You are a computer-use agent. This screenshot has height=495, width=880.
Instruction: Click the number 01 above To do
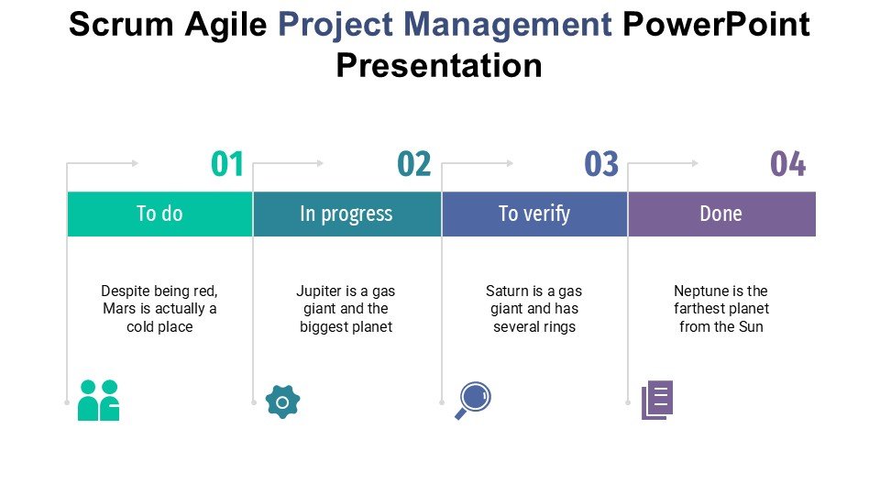[227, 165]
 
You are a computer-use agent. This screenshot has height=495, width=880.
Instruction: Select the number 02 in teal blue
[414, 165]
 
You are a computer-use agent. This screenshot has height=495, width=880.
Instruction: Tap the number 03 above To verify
[601, 165]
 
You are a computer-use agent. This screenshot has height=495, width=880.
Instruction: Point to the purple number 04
[787, 165]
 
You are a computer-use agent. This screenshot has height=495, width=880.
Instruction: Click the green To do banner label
[159, 214]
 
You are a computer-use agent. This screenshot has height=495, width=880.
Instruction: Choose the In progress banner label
[346, 214]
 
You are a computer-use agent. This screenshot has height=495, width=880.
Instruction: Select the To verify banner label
[534, 214]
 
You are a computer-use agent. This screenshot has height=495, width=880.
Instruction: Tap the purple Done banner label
[720, 214]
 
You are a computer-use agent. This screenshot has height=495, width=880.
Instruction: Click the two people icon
[99, 401]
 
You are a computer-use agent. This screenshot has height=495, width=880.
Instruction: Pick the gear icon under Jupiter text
[282, 401]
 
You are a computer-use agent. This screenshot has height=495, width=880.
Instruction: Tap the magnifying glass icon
[473, 401]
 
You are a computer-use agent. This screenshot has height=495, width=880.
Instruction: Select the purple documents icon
[657, 400]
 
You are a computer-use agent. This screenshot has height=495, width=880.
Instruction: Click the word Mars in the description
[119, 309]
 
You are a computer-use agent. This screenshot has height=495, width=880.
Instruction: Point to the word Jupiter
[318, 291]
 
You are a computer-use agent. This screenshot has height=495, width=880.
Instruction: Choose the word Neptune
[701, 291]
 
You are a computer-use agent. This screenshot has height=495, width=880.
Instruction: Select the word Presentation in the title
[439, 66]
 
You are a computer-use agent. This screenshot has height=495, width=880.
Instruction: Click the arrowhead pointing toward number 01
[135, 163]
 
